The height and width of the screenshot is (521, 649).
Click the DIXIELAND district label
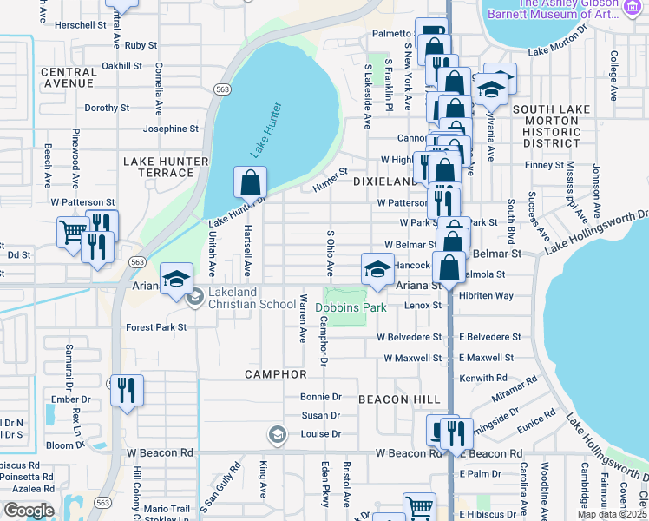(386, 181)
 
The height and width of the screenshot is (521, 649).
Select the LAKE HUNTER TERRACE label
(166, 167)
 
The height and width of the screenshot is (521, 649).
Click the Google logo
(29, 510)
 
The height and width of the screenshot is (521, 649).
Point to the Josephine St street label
(171, 129)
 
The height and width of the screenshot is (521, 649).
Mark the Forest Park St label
(156, 327)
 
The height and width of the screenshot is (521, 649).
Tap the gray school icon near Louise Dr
(277, 434)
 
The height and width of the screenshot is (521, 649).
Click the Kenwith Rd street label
(484, 378)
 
